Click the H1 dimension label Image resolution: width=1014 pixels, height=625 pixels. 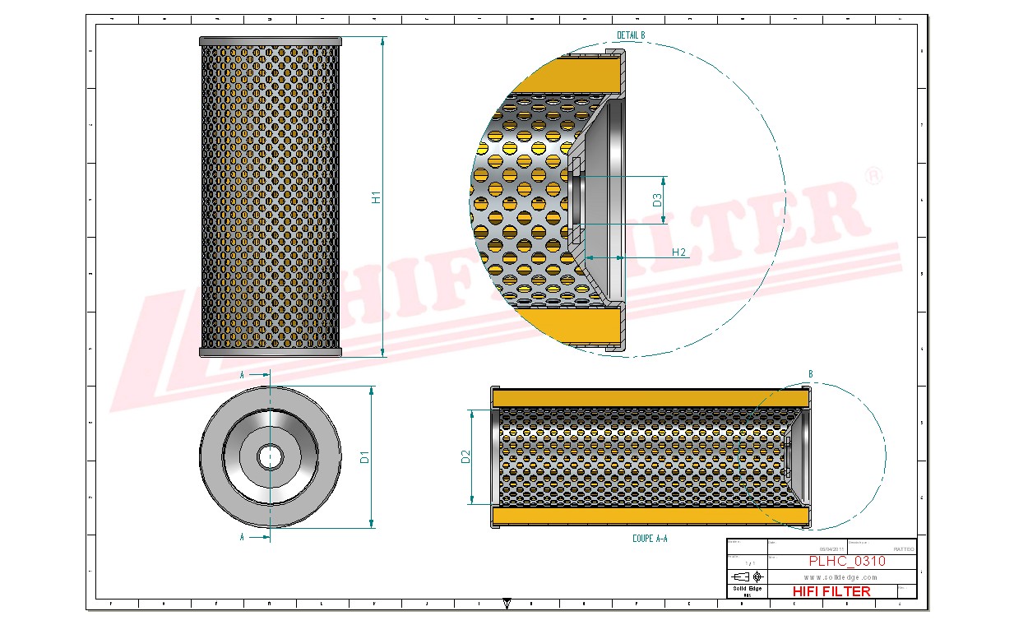377,197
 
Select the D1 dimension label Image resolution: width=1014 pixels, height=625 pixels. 365,456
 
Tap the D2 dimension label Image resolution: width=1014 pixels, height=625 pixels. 465,457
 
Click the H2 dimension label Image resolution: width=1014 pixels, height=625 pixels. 678,252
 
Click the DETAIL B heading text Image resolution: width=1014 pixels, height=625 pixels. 631,35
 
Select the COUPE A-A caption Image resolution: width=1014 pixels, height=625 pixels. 650,538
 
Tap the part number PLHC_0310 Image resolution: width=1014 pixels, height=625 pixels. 847,562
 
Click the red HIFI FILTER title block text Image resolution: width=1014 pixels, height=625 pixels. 831,590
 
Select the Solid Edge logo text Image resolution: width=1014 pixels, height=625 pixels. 747,589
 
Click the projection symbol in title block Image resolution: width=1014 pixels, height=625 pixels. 751,576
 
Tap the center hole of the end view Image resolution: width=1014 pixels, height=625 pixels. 269,456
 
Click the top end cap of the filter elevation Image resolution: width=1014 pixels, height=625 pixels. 270,41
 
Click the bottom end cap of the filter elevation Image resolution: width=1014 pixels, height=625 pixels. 270,352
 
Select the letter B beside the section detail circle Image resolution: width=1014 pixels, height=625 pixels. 810,374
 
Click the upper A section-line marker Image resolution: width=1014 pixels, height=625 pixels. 242,374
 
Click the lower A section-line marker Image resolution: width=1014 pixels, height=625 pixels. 242,537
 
